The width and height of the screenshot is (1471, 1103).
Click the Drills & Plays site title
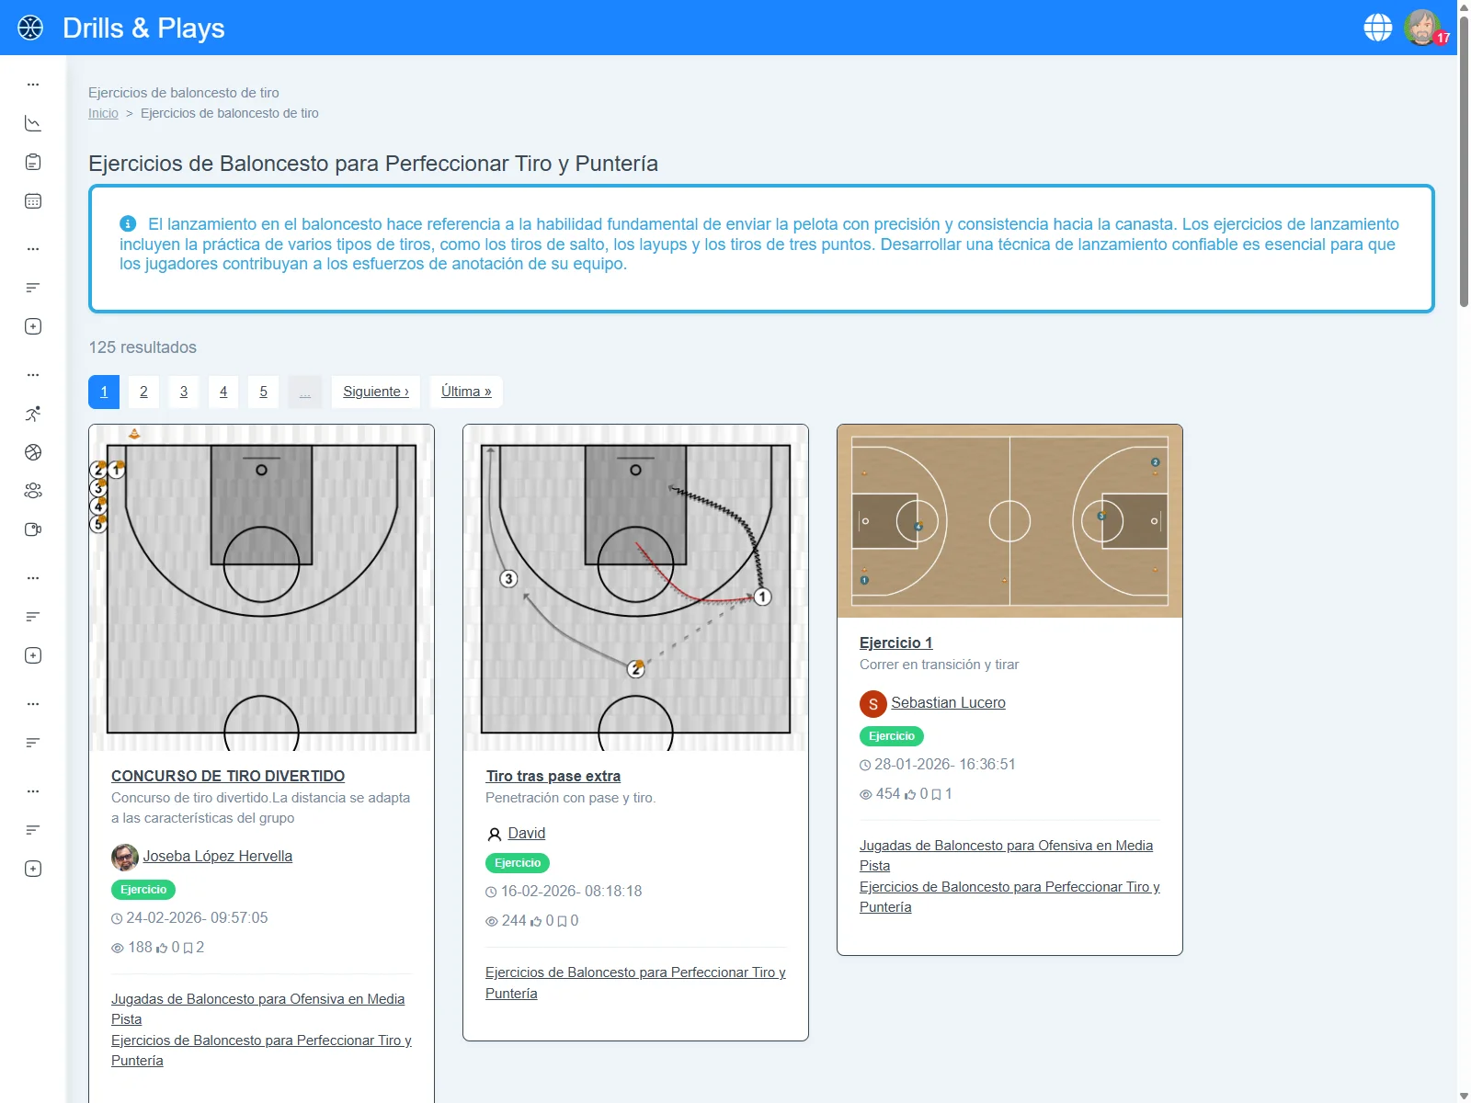[143, 28]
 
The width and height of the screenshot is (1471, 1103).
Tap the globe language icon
[1377, 28]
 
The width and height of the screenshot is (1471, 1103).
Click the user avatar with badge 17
[1422, 28]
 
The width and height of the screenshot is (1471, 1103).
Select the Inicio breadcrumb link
[103, 113]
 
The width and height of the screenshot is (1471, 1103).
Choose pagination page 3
[184, 392]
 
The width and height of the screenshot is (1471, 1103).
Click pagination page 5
[263, 392]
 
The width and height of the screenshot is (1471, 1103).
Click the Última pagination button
[466, 392]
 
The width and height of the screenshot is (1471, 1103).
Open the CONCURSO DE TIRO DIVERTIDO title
[228, 776]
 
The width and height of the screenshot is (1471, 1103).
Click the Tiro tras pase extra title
[553, 776]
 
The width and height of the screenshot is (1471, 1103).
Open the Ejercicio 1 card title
[895, 642]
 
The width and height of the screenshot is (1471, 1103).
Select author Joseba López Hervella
[217, 856]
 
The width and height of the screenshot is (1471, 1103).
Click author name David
[526, 833]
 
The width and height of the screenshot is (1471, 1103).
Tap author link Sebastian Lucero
[948, 702]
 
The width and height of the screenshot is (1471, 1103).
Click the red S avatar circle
[872, 704]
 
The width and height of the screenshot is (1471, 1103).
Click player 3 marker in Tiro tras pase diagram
[508, 578]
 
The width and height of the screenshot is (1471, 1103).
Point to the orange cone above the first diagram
[134, 433]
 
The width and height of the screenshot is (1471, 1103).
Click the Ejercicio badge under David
[518, 863]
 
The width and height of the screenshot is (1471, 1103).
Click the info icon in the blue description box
[128, 223]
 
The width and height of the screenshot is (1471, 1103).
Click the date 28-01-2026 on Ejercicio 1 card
[944, 764]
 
